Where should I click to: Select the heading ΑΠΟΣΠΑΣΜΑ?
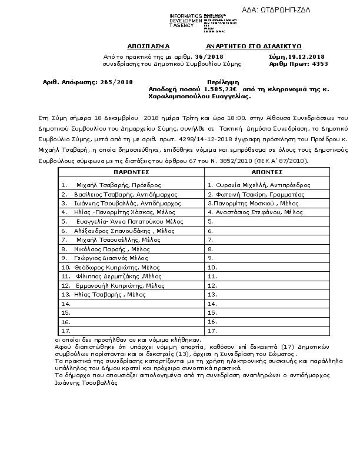(148, 45)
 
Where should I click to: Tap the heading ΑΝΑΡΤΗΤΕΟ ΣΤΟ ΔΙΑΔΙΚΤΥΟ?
(253, 45)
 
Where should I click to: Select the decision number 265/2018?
(114, 82)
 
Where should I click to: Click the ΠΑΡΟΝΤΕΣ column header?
(131, 172)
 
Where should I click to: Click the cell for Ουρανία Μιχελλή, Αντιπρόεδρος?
(258, 184)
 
